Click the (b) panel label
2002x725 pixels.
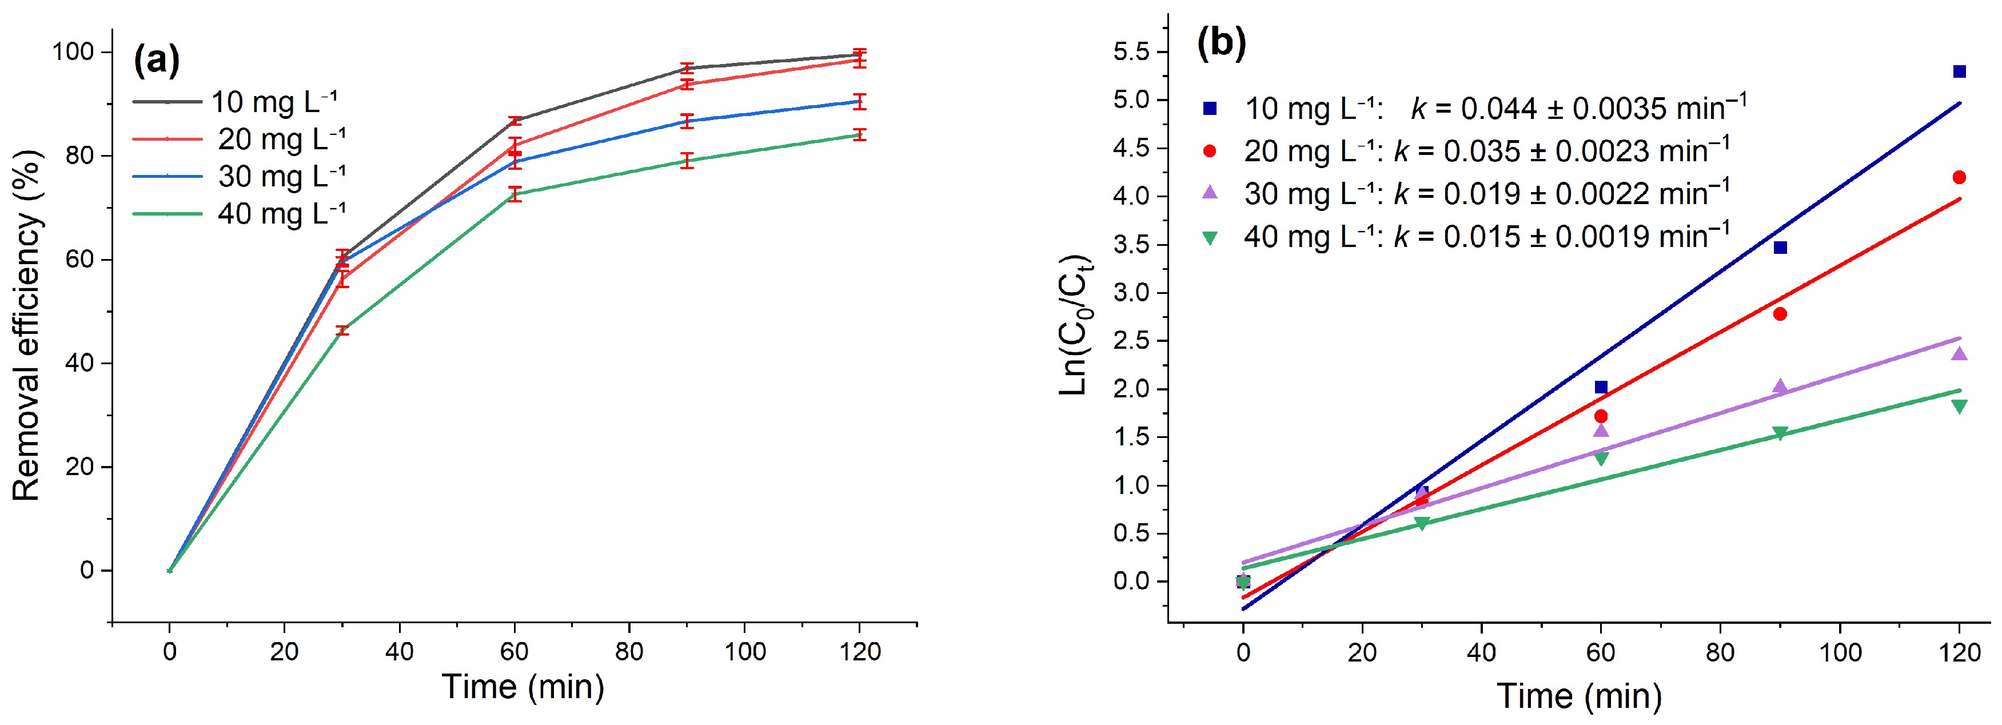1221,42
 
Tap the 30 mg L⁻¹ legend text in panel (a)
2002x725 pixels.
282,177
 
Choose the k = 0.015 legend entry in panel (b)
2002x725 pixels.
1466,236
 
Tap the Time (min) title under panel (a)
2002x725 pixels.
523,687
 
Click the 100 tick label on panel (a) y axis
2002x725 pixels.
72,52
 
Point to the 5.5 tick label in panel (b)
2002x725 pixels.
1131,52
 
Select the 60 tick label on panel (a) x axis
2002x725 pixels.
514,651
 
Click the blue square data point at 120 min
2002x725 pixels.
1959,71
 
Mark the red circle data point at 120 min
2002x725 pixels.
1959,178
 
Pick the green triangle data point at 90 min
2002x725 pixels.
1780,433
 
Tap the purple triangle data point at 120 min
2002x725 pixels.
1959,353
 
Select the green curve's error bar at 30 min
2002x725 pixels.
342,331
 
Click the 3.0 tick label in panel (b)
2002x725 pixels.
1131,293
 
